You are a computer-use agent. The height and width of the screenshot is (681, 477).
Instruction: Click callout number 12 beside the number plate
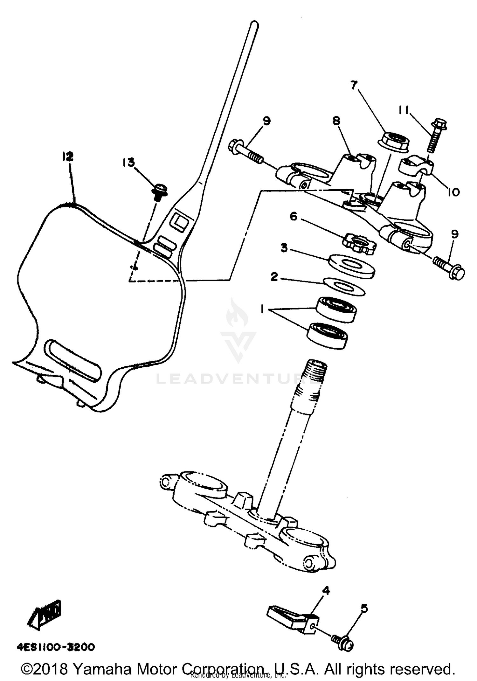tap(68, 156)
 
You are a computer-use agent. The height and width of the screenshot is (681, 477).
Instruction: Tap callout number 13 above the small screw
tap(128, 163)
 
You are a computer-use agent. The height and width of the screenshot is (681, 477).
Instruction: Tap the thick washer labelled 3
tap(351, 266)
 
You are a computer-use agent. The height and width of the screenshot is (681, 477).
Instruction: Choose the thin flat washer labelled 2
tap(343, 287)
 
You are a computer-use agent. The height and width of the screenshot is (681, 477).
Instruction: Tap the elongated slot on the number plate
tap(73, 360)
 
